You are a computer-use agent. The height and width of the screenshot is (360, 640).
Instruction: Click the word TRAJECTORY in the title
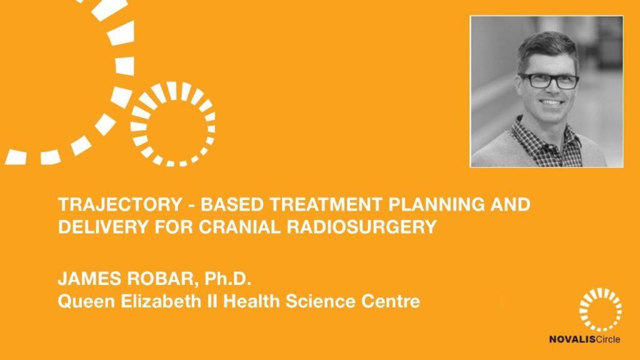pyautogui.click(x=120, y=204)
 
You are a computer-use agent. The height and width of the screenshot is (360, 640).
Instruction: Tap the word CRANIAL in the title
pyautogui.click(x=239, y=227)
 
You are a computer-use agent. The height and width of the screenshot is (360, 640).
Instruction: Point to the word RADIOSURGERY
pyautogui.click(x=362, y=227)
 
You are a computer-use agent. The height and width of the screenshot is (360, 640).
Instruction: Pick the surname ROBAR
pyautogui.click(x=161, y=279)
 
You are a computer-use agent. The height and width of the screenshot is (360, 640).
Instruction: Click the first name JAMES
pyautogui.click(x=90, y=279)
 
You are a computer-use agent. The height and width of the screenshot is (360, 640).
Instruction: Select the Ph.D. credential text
pyautogui.click(x=227, y=279)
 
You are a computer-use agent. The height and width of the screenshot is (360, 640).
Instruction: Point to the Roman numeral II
pyautogui.click(x=216, y=301)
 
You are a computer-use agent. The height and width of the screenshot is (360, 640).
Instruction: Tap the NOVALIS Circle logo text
pyautogui.click(x=584, y=339)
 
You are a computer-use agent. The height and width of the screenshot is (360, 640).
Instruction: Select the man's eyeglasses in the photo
pyautogui.click(x=549, y=81)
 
